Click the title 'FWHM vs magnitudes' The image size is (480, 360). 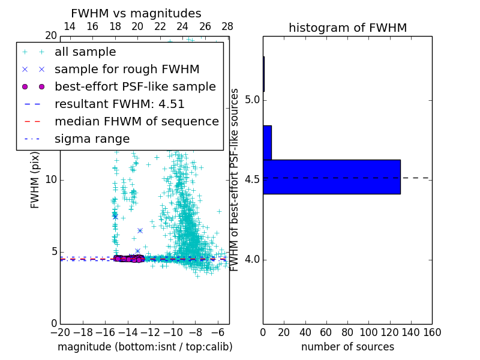pos(136,13)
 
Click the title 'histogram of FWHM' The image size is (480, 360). pos(347,28)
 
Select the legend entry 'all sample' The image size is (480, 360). pos(85,52)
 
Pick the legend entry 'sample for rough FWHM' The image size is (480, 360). pos(127,69)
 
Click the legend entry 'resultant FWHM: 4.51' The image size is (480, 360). pos(119,104)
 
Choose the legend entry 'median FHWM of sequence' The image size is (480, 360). pos(136,121)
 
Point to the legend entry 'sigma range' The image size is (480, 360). pos(92,139)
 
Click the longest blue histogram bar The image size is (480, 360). pos(331,177)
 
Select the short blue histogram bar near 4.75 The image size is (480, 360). pos(267,143)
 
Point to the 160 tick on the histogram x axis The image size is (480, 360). pos(432,332)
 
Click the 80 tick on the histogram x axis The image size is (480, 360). pos(347,332)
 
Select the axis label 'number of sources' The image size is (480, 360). pos(347,347)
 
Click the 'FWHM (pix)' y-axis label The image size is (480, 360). pos(35,180)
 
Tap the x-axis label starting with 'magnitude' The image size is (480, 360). pos(145,347)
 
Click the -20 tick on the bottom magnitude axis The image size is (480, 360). pos(60,332)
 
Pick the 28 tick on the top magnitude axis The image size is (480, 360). pos(227,26)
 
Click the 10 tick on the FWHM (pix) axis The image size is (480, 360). pos(51,180)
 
